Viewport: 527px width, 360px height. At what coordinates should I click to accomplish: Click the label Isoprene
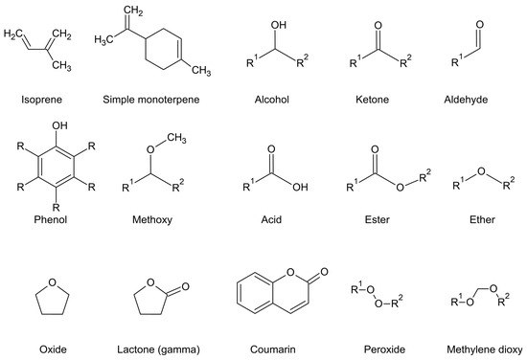tap(36, 99)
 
